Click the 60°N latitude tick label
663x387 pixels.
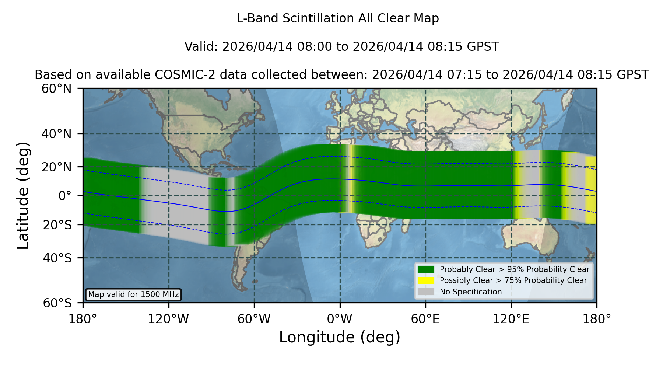point(56,89)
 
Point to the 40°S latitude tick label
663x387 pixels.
point(57,258)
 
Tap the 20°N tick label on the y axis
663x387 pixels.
point(56,167)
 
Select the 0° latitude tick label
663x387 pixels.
point(65,196)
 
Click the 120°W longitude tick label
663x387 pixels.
point(168,319)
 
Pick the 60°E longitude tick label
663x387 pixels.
point(425,319)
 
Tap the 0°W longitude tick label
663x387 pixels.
point(340,319)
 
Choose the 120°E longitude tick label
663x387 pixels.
point(511,319)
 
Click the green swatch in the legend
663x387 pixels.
point(426,269)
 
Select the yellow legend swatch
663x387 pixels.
point(426,280)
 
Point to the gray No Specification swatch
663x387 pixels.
point(426,292)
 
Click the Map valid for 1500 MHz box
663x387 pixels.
point(133,294)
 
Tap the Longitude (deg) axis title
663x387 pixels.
point(340,337)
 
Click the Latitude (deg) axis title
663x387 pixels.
point(23,196)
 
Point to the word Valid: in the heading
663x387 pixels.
point(201,47)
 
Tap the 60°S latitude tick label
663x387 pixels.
point(57,303)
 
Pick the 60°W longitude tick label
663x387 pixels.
point(254,319)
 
